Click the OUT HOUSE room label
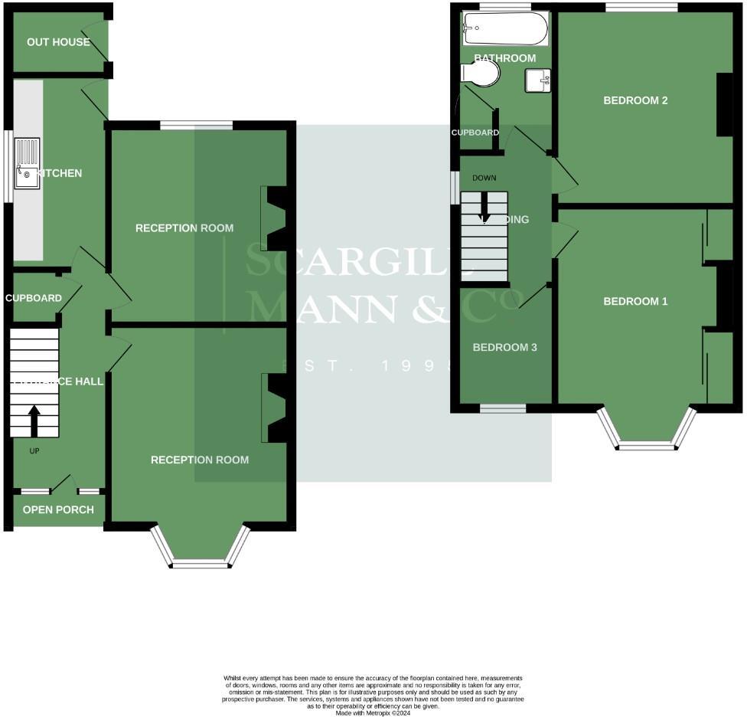point(58,42)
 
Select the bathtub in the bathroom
point(505,29)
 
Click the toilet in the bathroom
point(480,74)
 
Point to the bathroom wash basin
point(538,80)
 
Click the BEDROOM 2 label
point(635,100)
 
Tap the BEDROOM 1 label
point(635,302)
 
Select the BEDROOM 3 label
point(504,348)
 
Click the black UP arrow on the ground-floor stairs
point(34,421)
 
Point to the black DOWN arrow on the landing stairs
point(484,207)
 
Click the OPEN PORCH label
point(58,510)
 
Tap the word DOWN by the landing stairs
point(484,178)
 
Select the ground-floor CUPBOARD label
point(34,298)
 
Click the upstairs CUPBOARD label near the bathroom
point(475,133)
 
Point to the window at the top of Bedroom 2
point(641,8)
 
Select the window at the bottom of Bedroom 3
point(503,408)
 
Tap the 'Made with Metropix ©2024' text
point(373,712)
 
